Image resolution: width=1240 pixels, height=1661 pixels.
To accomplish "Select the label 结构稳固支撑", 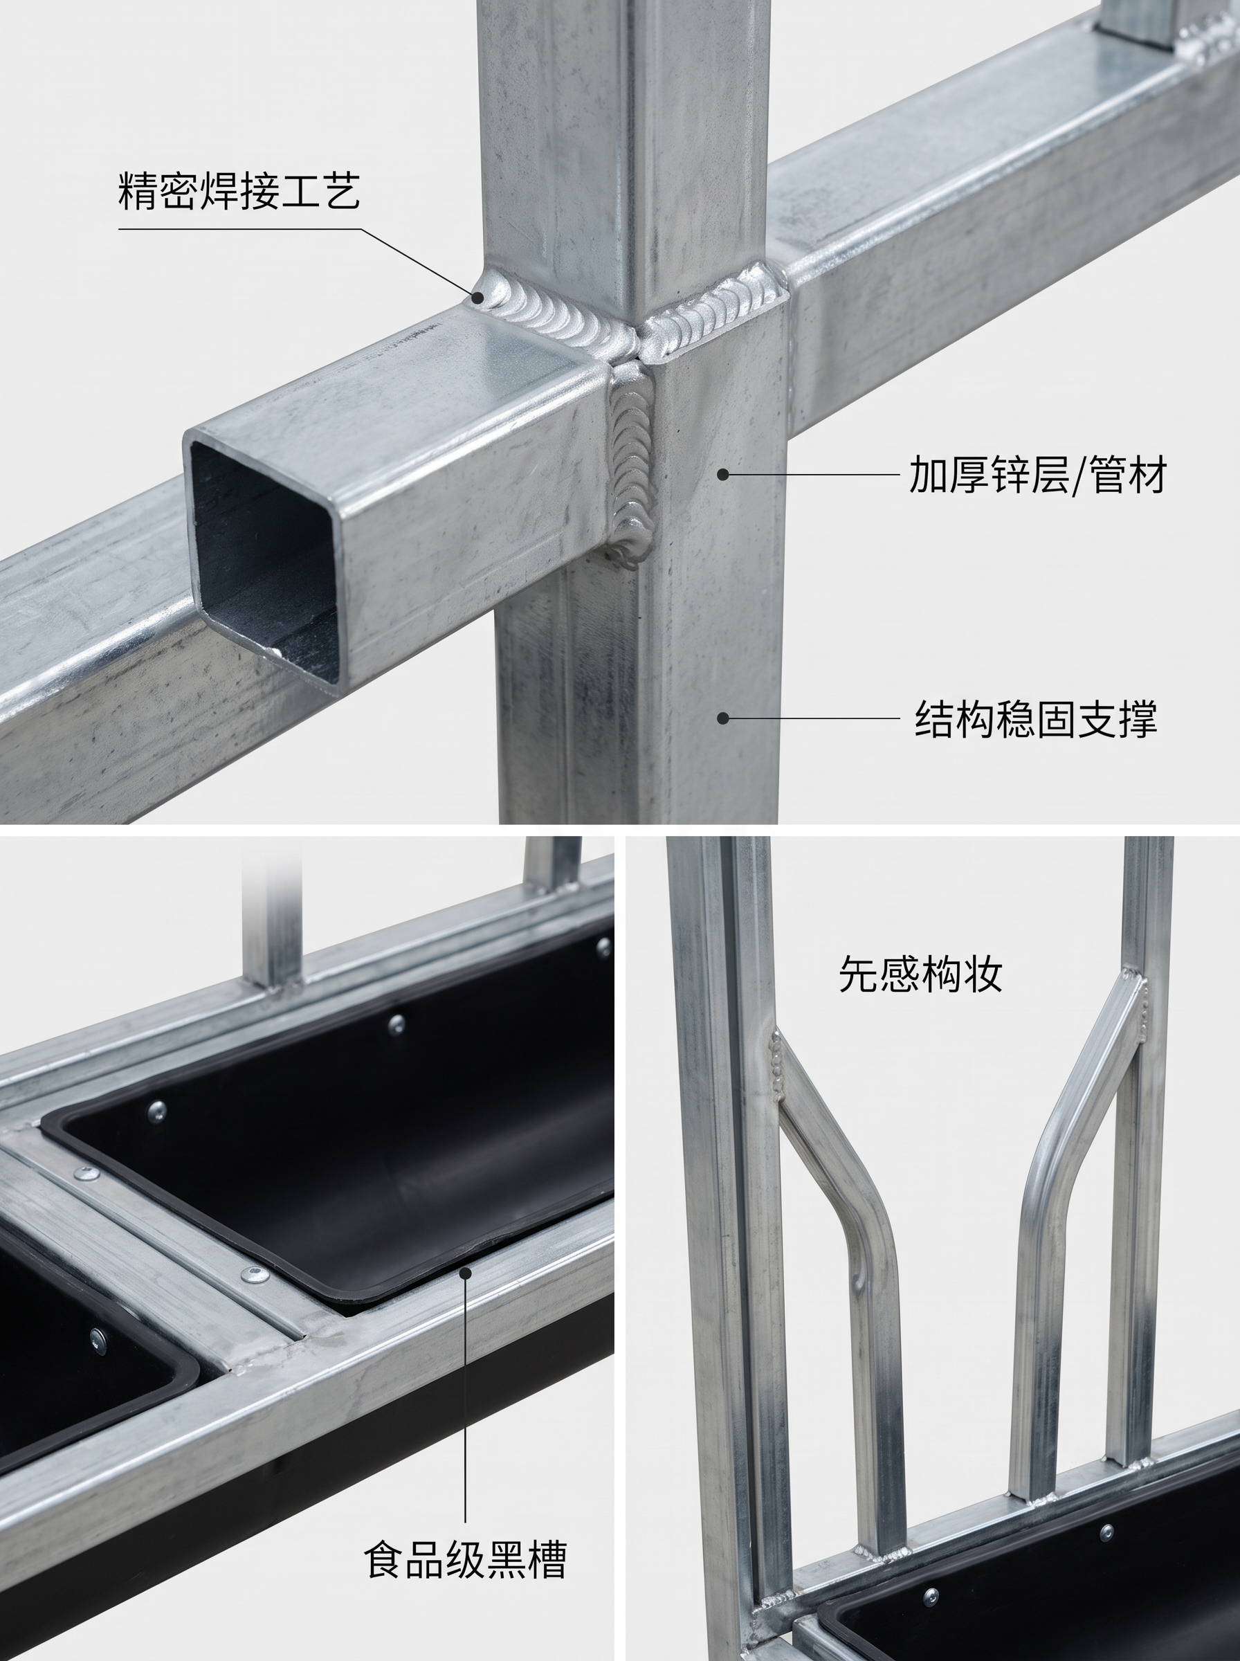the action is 1036,718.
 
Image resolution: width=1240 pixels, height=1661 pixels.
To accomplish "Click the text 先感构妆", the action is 921,974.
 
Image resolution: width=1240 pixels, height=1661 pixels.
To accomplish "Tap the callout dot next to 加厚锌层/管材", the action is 723,474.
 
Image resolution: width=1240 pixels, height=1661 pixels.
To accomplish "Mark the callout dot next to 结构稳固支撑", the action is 723,718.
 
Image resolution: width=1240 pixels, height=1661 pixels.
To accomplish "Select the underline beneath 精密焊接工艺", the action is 239,228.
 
